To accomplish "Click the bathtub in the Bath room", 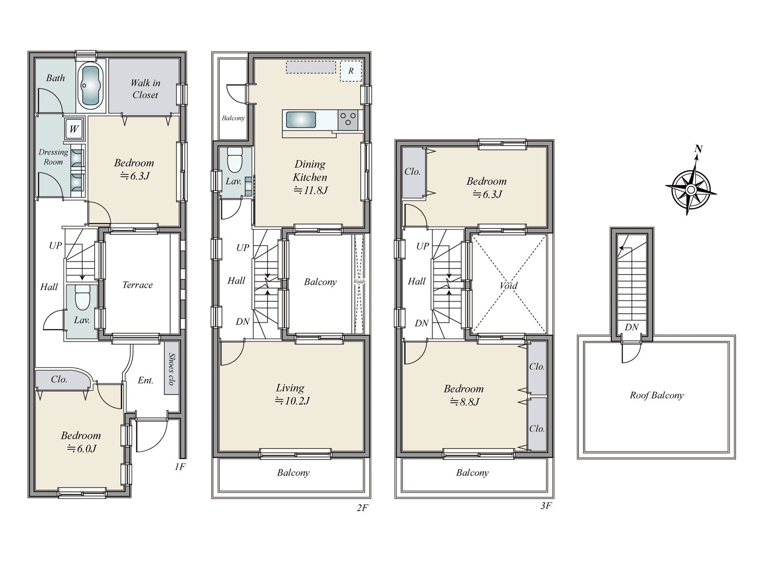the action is coord(92,85).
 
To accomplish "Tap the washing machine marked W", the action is coord(74,129).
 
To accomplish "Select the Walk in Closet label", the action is coord(145,89).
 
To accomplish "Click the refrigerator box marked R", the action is coord(351,71).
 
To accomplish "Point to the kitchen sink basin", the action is coord(301,120).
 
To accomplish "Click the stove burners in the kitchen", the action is coord(348,120).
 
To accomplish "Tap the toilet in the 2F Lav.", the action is coord(234,160).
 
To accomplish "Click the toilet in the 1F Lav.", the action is coord(82,298).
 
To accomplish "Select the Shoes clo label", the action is coord(171,369).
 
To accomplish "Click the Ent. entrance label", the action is coord(145,380).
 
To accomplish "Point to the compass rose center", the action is coord(691,190).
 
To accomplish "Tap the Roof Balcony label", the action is coord(657,395).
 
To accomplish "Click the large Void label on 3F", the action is coord(508,286).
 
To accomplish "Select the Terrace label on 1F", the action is coord(137,285).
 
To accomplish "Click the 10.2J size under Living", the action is coord(292,401).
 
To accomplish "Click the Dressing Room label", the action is coord(53,157).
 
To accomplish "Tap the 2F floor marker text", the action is coord(362,508).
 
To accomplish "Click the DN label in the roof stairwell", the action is coord(631,327).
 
